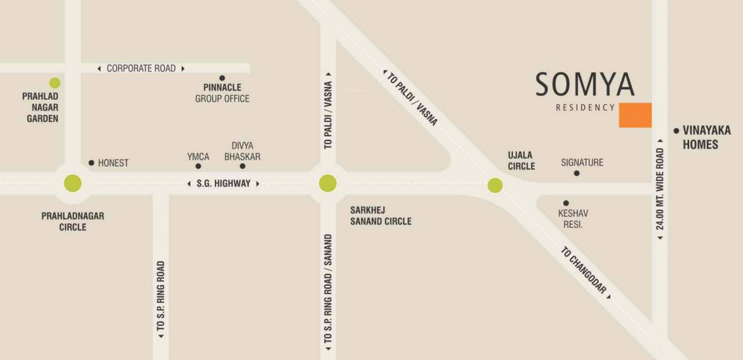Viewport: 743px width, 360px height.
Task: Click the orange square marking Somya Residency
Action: (x=635, y=115)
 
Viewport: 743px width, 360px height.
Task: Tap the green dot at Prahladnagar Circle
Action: (x=73, y=183)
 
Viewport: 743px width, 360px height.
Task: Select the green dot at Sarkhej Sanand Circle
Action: (x=328, y=183)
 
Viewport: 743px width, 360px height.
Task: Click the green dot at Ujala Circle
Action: (x=495, y=185)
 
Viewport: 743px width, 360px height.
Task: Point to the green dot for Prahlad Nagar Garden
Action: (x=55, y=83)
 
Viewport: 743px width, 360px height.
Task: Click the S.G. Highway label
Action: (x=224, y=183)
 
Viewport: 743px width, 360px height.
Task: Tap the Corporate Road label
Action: (x=141, y=68)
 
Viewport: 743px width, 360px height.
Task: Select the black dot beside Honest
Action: (x=91, y=163)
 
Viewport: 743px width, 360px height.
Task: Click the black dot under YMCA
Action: (x=198, y=166)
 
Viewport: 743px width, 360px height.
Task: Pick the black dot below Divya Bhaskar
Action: (x=242, y=166)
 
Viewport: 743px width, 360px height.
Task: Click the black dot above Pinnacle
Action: (x=222, y=78)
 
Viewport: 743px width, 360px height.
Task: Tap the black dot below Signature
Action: (x=577, y=174)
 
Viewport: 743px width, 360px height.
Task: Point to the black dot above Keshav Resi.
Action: (x=566, y=203)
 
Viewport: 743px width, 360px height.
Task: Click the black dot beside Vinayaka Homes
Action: (x=676, y=131)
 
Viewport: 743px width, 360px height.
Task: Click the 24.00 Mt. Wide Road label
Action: (x=660, y=189)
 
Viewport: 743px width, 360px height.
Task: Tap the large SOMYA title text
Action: (x=585, y=85)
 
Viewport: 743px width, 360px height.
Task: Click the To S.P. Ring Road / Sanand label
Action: (x=328, y=289)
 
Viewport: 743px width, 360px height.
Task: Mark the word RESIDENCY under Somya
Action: (x=585, y=107)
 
